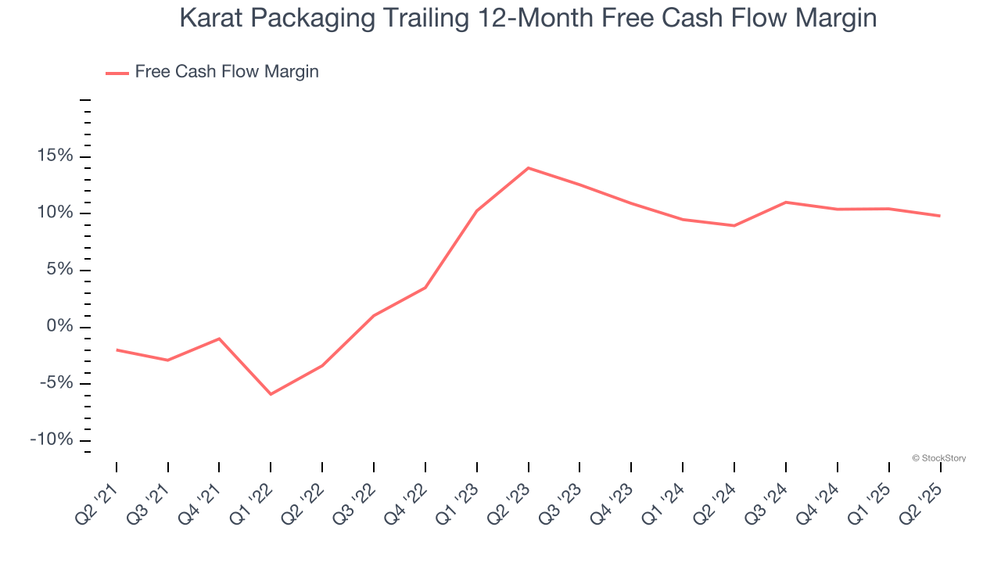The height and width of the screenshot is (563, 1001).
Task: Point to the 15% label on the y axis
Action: point(55,156)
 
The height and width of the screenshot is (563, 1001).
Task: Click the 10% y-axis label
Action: point(55,213)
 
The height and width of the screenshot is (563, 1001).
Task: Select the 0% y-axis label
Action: point(59,327)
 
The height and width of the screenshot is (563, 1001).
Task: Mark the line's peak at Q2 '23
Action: point(529,168)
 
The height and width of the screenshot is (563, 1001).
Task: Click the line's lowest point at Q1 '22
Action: point(271,394)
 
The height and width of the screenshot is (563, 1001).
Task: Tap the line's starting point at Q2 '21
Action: point(117,350)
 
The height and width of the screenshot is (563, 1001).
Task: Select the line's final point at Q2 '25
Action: point(939,216)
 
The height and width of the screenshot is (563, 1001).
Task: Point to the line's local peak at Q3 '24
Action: point(785,203)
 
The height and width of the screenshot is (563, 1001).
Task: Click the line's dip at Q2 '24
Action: point(734,225)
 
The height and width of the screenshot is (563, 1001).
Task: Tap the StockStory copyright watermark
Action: point(939,458)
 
